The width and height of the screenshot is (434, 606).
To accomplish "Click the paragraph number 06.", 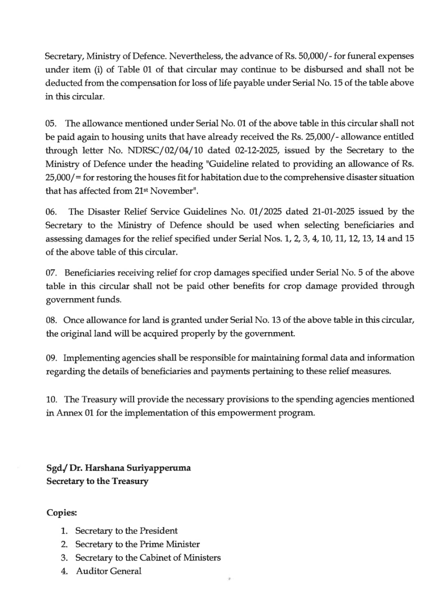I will coord(51,212).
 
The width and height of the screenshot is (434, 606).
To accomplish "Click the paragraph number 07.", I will coord(51,273).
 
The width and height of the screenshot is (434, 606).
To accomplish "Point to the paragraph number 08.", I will coord(51,321).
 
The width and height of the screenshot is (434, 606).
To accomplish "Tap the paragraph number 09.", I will coord(51,358).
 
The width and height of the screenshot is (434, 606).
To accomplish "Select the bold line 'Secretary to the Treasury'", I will coord(97,481).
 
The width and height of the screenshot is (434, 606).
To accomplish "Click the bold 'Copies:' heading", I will coord(61,513).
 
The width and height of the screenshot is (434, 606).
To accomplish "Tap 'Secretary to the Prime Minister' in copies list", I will coord(137,545).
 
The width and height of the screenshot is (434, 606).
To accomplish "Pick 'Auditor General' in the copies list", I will coord(108,571).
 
